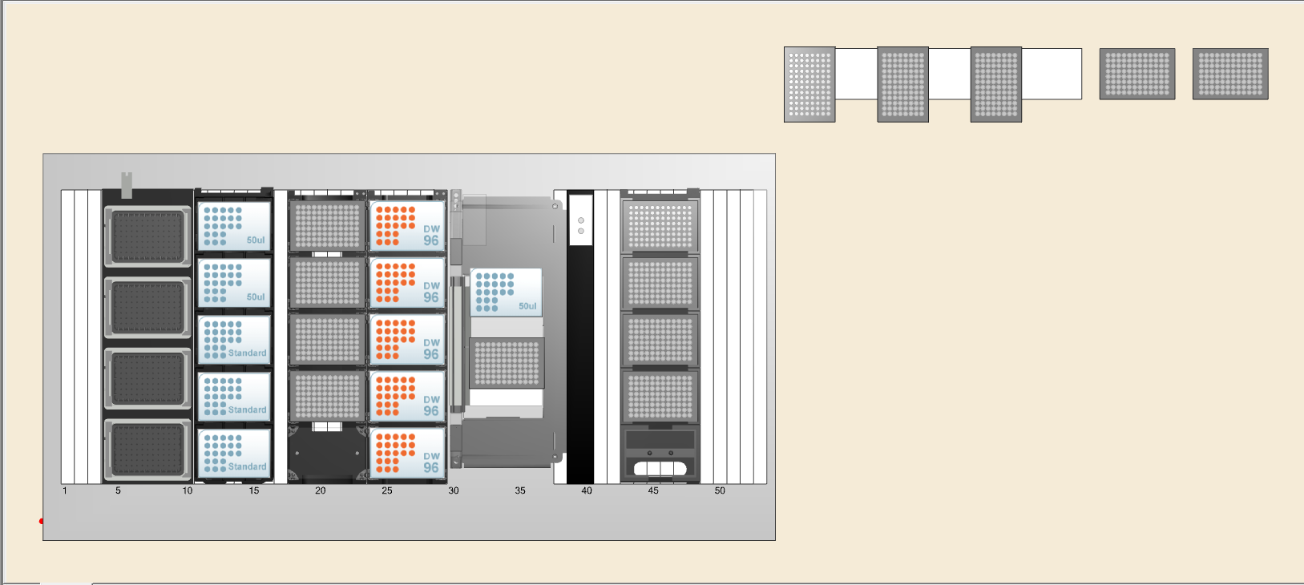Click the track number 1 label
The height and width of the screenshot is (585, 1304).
pyautogui.click(x=65, y=490)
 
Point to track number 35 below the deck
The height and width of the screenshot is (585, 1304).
pyautogui.click(x=520, y=490)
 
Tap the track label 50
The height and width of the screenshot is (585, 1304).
pyautogui.click(x=720, y=490)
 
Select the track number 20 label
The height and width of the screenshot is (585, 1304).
pyautogui.click(x=321, y=490)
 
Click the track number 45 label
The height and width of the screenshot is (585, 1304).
pyautogui.click(x=653, y=490)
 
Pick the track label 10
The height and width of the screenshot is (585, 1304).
pyautogui.click(x=188, y=490)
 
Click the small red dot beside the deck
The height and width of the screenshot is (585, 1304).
pyautogui.click(x=41, y=521)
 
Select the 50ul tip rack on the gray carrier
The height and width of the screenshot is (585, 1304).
pyautogui.click(x=506, y=292)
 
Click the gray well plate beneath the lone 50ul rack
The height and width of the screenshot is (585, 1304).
pyautogui.click(x=507, y=362)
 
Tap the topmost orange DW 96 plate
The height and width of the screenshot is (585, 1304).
pyautogui.click(x=407, y=227)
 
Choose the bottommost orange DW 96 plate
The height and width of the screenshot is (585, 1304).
pyautogui.click(x=407, y=454)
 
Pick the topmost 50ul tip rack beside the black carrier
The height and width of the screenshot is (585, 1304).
pyautogui.click(x=234, y=227)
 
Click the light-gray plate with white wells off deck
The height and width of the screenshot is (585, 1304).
pyautogui.click(x=809, y=84)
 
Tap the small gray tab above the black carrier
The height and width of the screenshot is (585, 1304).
pyautogui.click(x=126, y=184)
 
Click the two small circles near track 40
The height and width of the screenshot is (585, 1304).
pyautogui.click(x=581, y=225)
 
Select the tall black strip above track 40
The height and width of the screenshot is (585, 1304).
pyautogui.click(x=580, y=361)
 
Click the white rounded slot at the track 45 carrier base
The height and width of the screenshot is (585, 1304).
pyautogui.click(x=660, y=468)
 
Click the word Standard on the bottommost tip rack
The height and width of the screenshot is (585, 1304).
pyautogui.click(x=247, y=466)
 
